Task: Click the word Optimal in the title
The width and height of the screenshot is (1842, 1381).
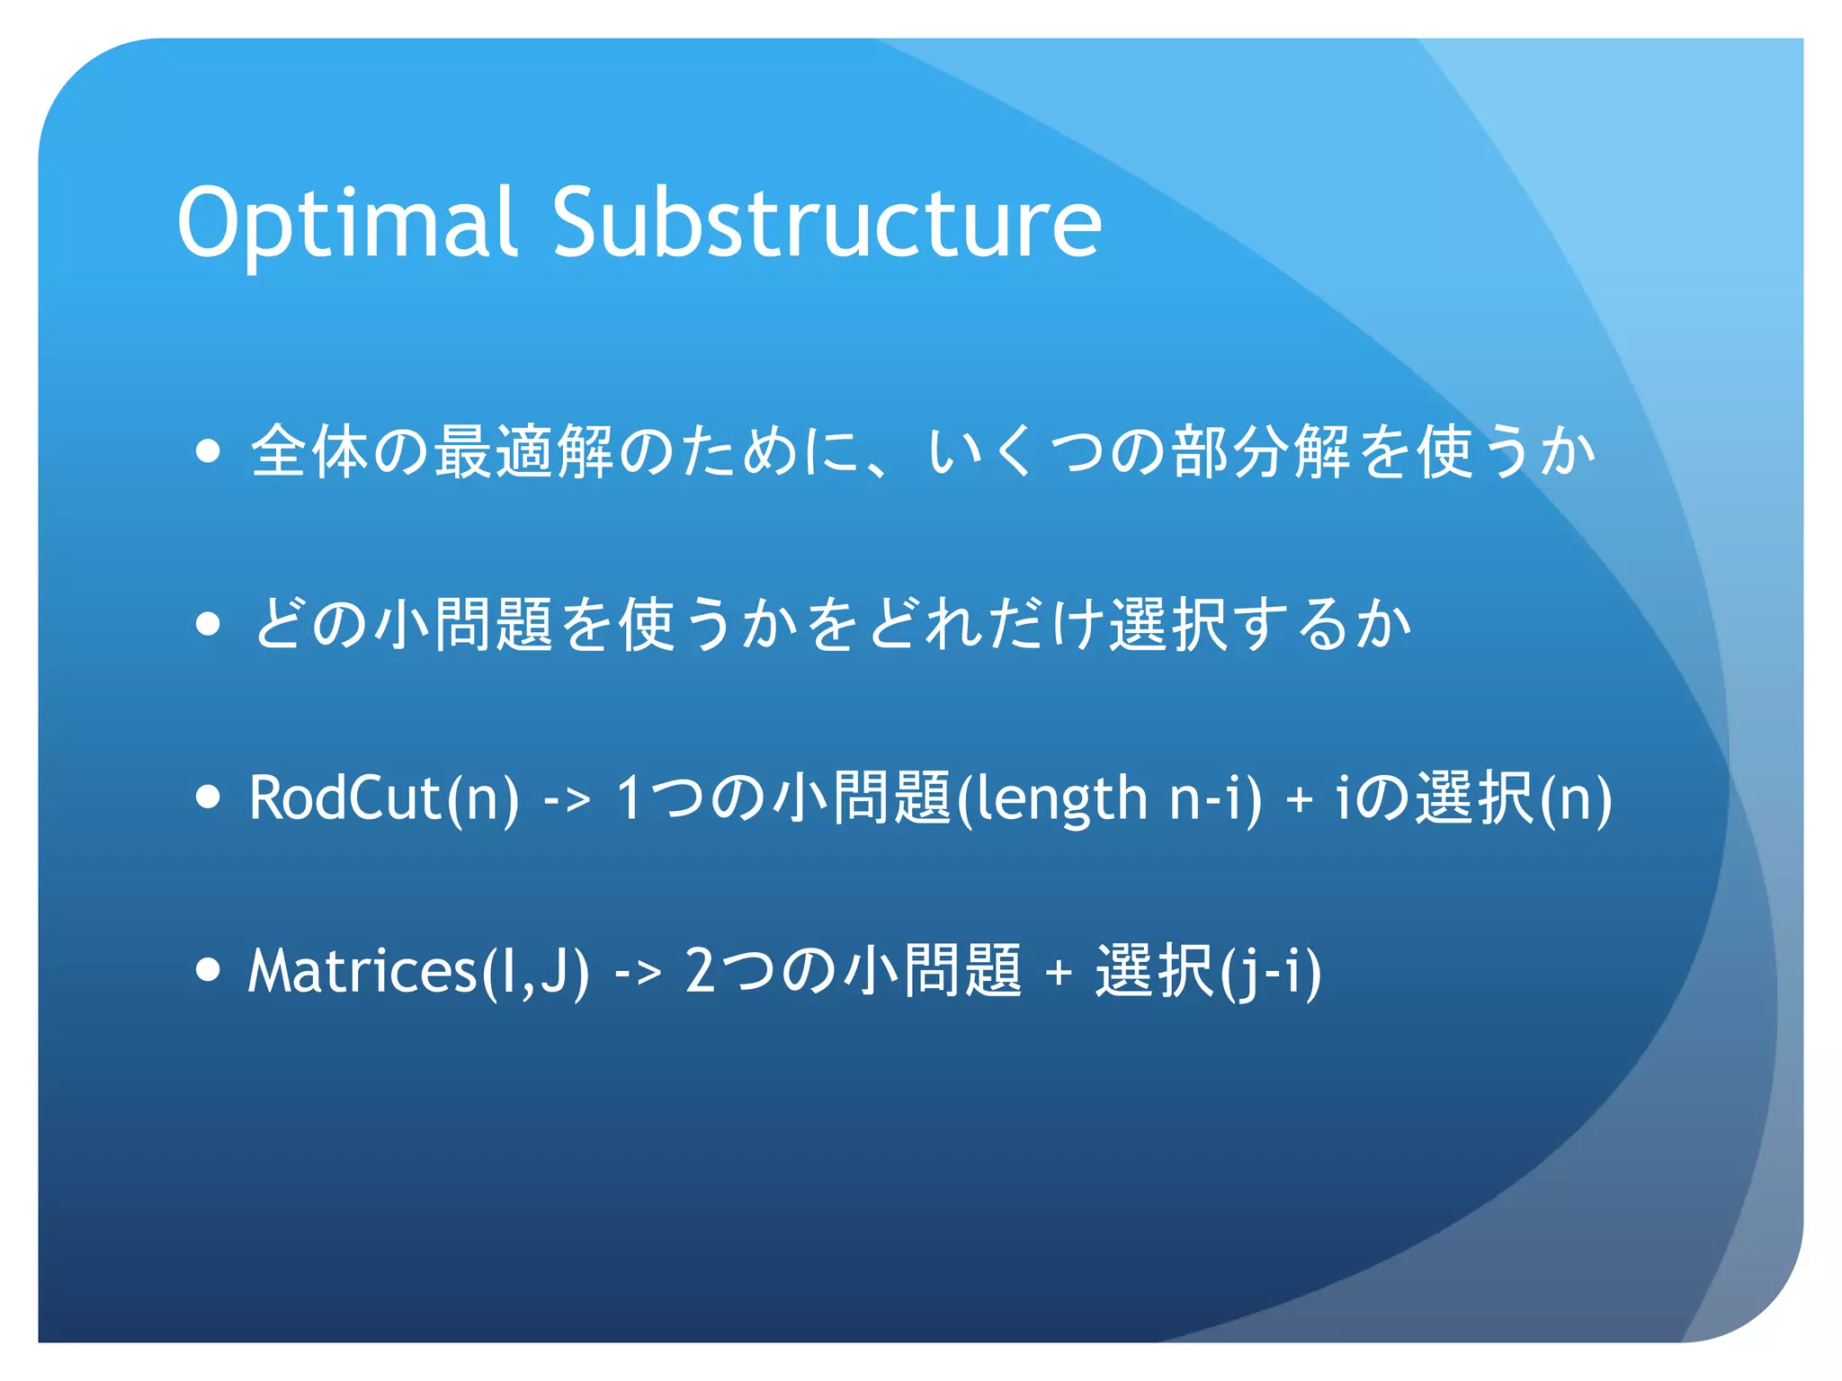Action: tap(347, 222)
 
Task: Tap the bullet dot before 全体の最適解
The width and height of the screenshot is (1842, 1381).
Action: tap(208, 450)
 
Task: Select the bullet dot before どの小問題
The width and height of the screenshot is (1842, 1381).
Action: tap(208, 623)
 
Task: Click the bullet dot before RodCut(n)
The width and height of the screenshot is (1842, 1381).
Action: tap(208, 797)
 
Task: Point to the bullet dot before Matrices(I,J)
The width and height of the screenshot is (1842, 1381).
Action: tap(208, 969)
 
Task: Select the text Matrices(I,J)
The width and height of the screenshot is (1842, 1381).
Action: tap(418, 970)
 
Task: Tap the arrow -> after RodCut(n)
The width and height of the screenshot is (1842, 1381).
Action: tap(568, 798)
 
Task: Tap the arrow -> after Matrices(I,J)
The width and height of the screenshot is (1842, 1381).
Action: tap(638, 972)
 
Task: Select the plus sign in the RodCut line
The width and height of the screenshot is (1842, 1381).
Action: tap(1299, 799)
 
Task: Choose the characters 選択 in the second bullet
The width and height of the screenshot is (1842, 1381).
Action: tap(1168, 623)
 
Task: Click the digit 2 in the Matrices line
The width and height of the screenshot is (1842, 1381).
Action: tap(701, 971)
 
